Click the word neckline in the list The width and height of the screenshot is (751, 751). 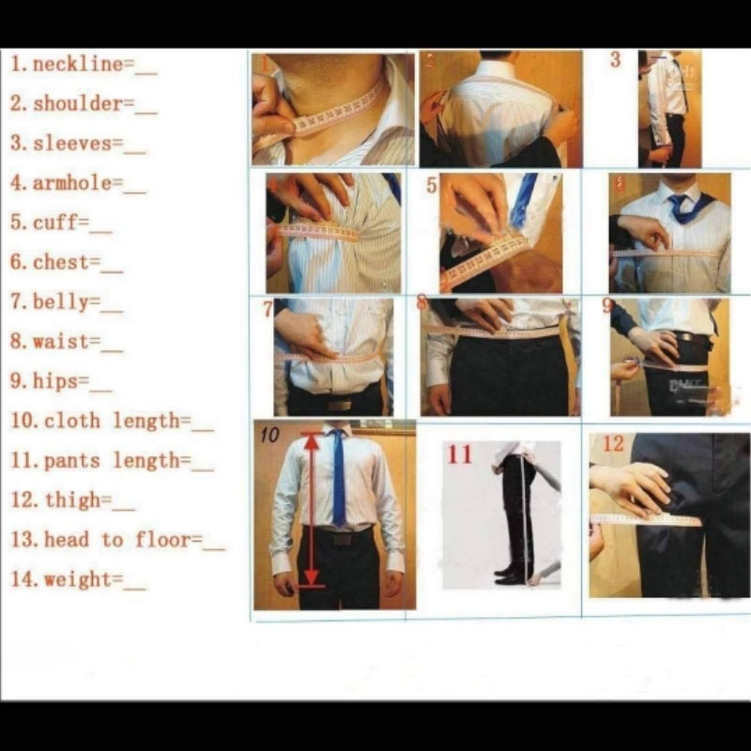pyautogui.click(x=78, y=64)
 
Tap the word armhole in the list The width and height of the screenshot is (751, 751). pyautogui.click(x=72, y=183)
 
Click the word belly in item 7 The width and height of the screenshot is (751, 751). pyautogui.click(x=61, y=302)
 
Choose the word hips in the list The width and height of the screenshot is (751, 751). pyautogui.click(x=55, y=381)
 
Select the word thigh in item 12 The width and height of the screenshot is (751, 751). pyautogui.click(x=72, y=500)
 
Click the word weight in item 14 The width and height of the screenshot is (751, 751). pyautogui.click(x=78, y=580)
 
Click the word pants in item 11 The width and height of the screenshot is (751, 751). pyautogui.click(x=72, y=462)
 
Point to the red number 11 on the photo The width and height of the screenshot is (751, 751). pyautogui.click(x=459, y=454)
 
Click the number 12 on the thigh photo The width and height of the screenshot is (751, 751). pyautogui.click(x=613, y=443)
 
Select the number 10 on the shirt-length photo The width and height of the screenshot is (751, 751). pyautogui.click(x=269, y=435)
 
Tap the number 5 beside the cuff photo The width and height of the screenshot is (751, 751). pyautogui.click(x=432, y=185)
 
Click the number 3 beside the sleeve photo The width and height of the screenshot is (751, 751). pyautogui.click(x=616, y=60)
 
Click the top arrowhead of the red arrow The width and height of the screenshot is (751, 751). pyautogui.click(x=312, y=442)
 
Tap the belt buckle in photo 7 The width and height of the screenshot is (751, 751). pyautogui.click(x=339, y=406)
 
